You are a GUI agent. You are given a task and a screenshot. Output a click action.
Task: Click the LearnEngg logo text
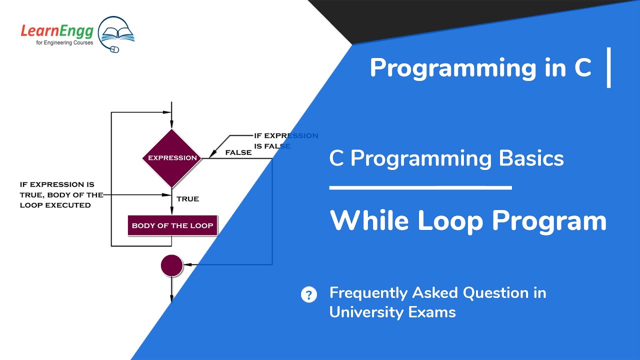56,31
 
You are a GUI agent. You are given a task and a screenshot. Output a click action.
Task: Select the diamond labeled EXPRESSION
172,158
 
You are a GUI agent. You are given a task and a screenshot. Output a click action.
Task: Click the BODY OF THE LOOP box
172,225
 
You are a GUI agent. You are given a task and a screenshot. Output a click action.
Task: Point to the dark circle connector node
171,265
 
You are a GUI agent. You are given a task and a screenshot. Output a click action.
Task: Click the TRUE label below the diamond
187,199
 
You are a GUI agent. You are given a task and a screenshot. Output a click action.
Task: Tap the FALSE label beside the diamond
238,152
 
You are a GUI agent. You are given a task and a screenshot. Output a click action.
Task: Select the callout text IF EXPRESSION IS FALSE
285,141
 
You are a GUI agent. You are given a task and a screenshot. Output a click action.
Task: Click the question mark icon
309,294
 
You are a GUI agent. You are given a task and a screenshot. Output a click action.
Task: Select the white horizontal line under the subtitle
420,188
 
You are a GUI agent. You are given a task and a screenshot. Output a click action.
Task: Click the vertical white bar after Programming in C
608,67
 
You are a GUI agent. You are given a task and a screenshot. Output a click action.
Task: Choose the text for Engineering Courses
57,42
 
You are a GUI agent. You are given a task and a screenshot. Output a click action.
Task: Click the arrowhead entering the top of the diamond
171,124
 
